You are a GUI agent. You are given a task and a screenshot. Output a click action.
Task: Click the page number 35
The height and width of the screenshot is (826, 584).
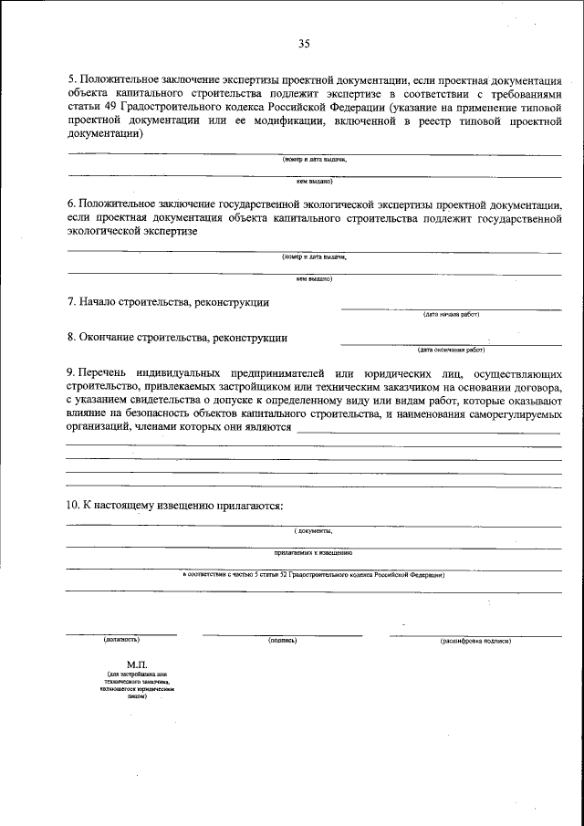click(x=304, y=43)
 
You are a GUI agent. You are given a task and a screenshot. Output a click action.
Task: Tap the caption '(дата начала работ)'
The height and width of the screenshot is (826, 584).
click(x=451, y=314)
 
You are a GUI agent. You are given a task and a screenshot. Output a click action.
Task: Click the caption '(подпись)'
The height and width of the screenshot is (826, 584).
click(x=283, y=641)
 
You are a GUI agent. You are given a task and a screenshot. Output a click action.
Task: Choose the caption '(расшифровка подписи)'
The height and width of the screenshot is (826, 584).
click(x=475, y=641)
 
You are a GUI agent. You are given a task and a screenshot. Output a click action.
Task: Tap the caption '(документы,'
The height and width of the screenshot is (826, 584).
click(x=313, y=530)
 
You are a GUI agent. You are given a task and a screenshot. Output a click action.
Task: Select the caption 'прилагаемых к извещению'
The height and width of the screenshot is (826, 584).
click(x=313, y=553)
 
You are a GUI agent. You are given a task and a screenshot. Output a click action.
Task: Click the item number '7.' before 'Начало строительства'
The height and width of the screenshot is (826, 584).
click(x=72, y=302)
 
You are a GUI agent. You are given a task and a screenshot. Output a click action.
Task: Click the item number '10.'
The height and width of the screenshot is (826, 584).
click(x=74, y=505)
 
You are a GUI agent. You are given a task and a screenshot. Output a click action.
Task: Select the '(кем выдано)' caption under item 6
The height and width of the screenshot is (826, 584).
click(x=314, y=279)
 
